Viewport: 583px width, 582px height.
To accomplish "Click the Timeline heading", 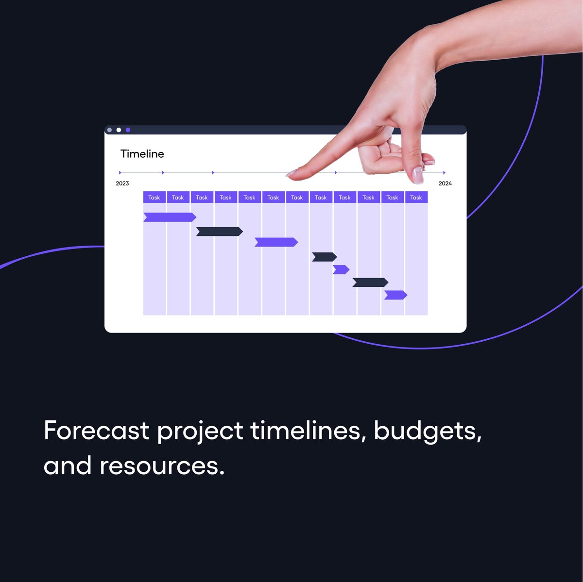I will point(142,154).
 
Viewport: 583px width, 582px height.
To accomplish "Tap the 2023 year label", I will point(122,183).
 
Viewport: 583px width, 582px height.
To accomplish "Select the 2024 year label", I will point(445,183).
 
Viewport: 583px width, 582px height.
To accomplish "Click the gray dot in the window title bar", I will point(109,130).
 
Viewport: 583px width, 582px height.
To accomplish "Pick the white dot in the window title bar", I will point(119,130).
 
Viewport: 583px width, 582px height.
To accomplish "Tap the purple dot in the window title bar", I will point(128,130).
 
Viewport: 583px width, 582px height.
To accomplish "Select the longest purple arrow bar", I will point(170,217).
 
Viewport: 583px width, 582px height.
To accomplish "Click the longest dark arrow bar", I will point(219,232).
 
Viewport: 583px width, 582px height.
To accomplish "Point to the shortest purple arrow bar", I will point(341,269).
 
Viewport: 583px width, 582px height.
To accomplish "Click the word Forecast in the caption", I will point(96,431).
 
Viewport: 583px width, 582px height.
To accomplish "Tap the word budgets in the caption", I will point(427,431).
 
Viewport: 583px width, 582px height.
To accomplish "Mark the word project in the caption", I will point(200,432).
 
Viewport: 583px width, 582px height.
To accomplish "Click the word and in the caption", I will point(67,466).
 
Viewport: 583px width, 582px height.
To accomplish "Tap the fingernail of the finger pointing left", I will point(292,172).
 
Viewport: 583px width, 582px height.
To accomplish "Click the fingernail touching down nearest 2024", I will point(417,175).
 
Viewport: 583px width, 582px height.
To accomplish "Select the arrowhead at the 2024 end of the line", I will point(444,172).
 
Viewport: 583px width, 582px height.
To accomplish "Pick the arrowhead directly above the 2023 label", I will point(120,172).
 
